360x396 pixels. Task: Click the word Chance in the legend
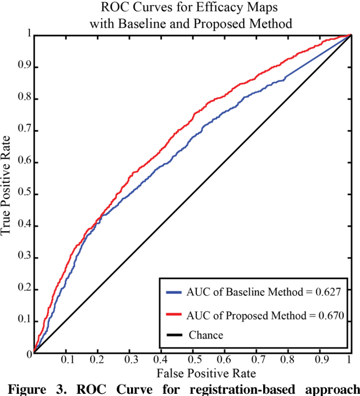click(206, 335)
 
